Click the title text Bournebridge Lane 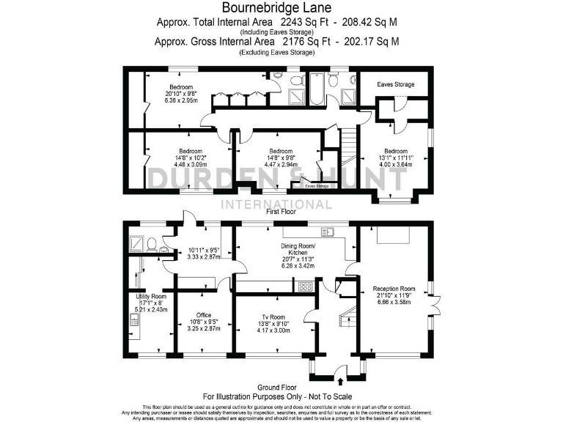point(281,8)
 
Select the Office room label point(204,315)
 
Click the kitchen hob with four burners point(303,286)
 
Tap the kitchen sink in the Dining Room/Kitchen point(327,232)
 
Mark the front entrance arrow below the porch point(341,381)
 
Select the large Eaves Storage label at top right point(395,84)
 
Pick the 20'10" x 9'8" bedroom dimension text point(182,92)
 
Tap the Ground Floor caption point(281,387)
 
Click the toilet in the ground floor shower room point(150,245)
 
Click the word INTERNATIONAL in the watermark point(281,203)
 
